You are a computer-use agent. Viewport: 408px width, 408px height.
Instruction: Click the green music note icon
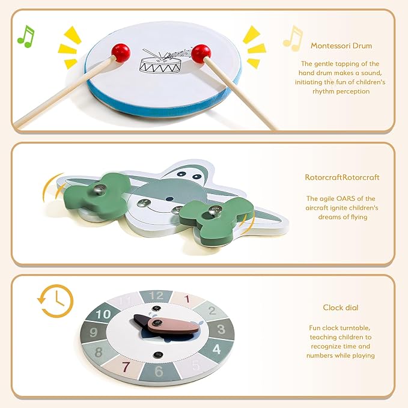coord(26,37)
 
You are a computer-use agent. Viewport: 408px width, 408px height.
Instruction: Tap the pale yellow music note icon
coord(293,38)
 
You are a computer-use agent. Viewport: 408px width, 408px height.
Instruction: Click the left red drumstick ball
coord(121,53)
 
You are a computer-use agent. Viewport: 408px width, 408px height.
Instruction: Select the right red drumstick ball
coord(201,54)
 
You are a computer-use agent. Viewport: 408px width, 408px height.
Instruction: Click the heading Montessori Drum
coord(341,46)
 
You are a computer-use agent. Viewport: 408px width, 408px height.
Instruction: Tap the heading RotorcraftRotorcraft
coord(342,177)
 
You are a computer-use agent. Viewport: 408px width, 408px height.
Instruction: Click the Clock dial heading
coord(341,308)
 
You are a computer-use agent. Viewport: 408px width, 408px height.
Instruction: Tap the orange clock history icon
coord(55,301)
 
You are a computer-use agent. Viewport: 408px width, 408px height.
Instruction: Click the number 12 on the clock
coord(156,296)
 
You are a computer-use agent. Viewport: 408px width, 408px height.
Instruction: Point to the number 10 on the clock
coord(103,314)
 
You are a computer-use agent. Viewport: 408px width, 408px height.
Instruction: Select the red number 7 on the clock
coord(126,367)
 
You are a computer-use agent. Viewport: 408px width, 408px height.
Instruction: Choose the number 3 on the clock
coord(221,329)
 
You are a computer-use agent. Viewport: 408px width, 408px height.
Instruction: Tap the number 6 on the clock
coord(159,371)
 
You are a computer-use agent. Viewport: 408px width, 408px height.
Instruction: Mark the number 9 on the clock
coord(93,332)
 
